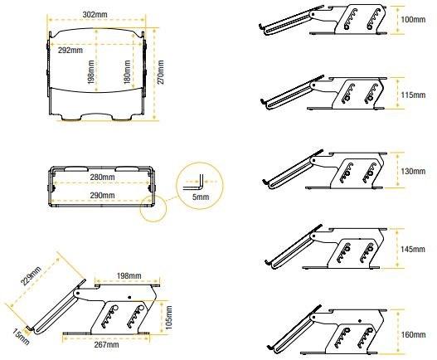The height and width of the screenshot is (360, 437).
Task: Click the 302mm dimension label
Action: pos(95,14)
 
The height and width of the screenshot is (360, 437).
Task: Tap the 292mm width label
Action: pos(70,51)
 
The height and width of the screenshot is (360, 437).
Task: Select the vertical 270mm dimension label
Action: pos(161,72)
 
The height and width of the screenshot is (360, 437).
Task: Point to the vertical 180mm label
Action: pos(127,72)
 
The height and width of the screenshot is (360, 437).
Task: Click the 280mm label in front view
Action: pos(102,177)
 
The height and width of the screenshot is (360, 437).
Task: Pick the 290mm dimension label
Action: pos(102,195)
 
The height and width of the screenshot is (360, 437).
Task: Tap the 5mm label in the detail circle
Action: pos(201,197)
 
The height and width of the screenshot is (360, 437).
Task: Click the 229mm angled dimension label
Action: pos(32,275)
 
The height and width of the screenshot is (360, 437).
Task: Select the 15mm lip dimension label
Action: pos(21,337)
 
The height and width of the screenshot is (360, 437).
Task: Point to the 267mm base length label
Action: pos(106,344)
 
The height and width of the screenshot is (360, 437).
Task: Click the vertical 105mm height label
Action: pos(168,318)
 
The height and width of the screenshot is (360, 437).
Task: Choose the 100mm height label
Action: pos(413,20)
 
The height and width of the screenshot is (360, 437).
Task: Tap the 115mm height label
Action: pos(413,95)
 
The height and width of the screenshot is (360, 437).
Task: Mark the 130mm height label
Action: pos(413,171)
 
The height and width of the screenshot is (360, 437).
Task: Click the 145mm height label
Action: pos(413,249)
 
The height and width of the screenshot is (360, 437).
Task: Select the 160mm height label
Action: pos(413,334)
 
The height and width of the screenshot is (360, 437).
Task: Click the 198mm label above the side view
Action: pos(129,275)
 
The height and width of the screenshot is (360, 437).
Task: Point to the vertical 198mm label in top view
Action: pos(90,72)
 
